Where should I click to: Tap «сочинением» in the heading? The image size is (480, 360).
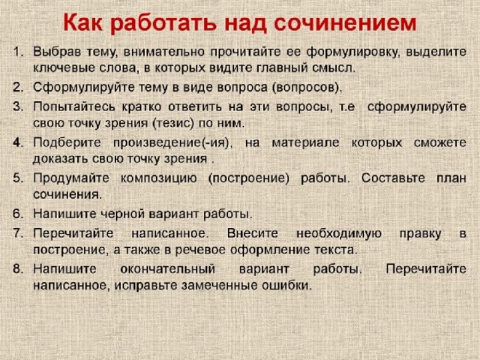[x=345, y=23]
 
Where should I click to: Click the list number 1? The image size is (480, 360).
[x=18, y=52]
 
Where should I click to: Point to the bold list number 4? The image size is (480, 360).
[x=18, y=142]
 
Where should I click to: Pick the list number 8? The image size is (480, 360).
[x=18, y=268]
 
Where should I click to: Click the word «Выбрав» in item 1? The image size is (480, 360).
[x=57, y=52]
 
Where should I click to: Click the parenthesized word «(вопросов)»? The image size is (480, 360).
[x=306, y=88]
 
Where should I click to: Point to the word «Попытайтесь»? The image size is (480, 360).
[x=74, y=106]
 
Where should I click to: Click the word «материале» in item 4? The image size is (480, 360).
[x=305, y=143]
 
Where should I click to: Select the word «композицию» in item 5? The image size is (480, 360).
[x=158, y=178]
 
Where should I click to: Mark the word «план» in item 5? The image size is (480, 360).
[x=451, y=178]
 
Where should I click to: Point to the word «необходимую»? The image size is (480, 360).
[x=339, y=234]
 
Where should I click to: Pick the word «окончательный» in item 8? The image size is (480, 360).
[x=168, y=269]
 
